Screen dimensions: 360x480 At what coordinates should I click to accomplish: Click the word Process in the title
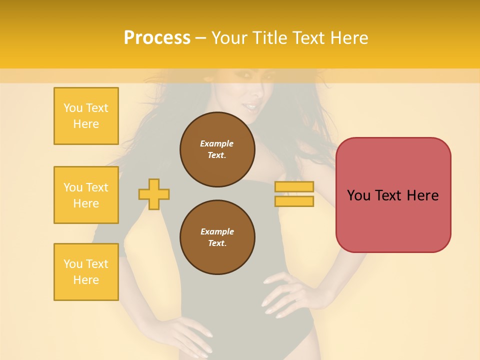(x=157, y=38)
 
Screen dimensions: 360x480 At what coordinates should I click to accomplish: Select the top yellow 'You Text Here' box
(x=86, y=116)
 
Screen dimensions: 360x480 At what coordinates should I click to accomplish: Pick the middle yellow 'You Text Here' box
(x=86, y=195)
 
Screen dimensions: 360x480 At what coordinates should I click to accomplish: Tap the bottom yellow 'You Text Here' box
(x=86, y=272)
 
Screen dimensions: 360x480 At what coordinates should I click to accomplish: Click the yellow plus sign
(x=154, y=194)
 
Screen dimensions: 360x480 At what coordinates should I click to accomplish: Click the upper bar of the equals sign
(x=294, y=187)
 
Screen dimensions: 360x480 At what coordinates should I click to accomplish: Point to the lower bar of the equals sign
(x=294, y=201)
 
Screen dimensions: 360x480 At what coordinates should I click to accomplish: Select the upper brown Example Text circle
(x=217, y=149)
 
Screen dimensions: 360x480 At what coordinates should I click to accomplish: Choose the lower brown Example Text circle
(x=217, y=237)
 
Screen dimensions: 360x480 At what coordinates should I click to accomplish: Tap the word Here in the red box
(x=422, y=195)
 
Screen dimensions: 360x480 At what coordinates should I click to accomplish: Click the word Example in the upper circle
(x=216, y=143)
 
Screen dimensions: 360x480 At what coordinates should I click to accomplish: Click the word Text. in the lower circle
(x=217, y=243)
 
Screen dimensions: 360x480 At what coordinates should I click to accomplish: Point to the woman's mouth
(x=250, y=106)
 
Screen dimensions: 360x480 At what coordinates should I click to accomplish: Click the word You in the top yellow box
(x=72, y=108)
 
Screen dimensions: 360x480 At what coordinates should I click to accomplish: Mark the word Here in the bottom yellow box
(x=86, y=280)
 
